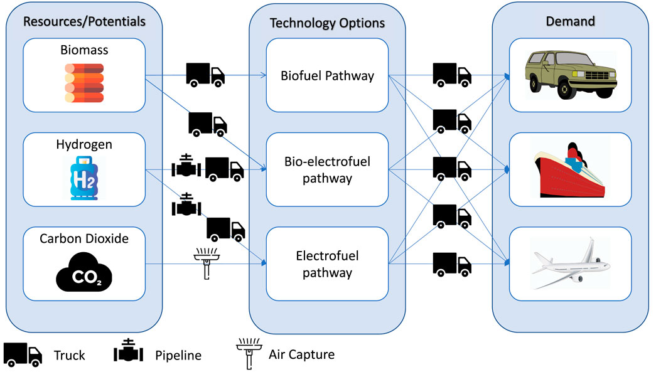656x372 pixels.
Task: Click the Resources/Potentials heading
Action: (x=84, y=21)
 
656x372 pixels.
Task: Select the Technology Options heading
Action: (x=327, y=23)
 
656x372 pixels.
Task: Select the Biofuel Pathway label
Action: (x=327, y=77)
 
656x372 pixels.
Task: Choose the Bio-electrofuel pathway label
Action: (x=327, y=170)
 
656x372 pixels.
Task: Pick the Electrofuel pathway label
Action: (x=327, y=264)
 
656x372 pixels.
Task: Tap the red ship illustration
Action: (x=570, y=169)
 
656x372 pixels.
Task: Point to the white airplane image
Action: (x=570, y=260)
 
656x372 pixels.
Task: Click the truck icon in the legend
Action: (x=23, y=354)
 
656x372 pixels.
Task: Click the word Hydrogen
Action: (x=84, y=145)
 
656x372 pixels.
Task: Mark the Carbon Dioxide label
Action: (x=84, y=239)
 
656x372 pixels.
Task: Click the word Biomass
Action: (x=84, y=50)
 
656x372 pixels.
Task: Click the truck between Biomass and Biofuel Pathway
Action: (x=205, y=74)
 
